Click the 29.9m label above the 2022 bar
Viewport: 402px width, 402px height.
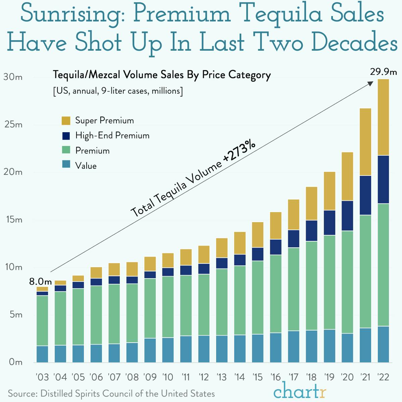coord(383,71)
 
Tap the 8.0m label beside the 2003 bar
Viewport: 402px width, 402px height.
coord(40,281)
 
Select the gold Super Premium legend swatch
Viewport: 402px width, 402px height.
coord(66,120)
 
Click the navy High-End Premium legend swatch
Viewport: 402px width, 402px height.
coord(66,136)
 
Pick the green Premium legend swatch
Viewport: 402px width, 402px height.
coord(66,151)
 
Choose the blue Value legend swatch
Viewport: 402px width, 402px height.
coord(66,165)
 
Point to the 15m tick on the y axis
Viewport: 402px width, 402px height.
coord(13,220)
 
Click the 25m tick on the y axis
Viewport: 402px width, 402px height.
coord(13,125)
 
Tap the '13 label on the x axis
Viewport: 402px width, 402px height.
coord(221,377)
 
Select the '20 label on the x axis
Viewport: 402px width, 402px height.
coord(347,377)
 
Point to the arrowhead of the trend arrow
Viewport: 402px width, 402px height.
coord(371,83)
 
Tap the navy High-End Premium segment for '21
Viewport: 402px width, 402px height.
coord(365,195)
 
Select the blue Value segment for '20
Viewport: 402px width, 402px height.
coord(347,348)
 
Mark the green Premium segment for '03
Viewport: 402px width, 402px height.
coord(42,320)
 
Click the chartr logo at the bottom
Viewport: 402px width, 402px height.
coord(299,391)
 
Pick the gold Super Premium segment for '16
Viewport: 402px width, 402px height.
coord(275,225)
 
